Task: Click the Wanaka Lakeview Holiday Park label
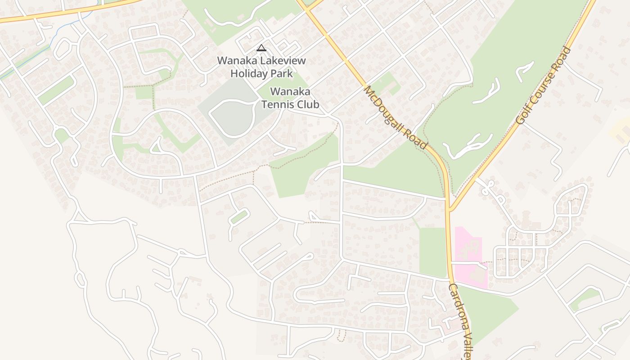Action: [x=261, y=67]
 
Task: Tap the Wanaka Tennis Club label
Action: [x=290, y=98]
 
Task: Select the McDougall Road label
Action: [x=395, y=117]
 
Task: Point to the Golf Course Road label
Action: [x=544, y=85]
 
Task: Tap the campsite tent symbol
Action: [x=261, y=48]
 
